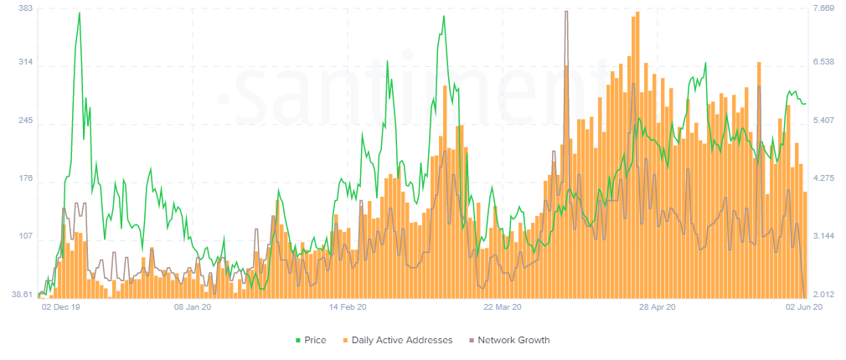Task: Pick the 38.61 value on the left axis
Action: tap(18, 295)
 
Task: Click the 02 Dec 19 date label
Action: tap(61, 307)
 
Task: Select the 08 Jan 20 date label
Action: tap(193, 307)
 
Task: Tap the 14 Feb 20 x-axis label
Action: tap(348, 307)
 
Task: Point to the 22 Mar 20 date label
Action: tap(503, 307)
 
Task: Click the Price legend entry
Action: tap(311, 340)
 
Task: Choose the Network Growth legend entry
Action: tap(508, 340)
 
